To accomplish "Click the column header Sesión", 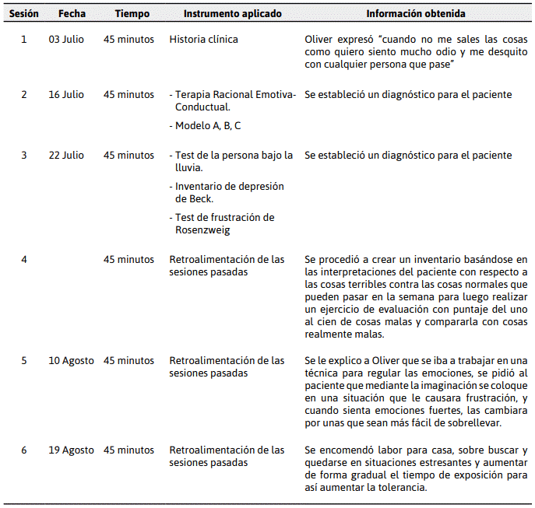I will (x=24, y=14).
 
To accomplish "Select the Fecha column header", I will (x=71, y=14).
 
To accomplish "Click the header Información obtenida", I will (x=416, y=14).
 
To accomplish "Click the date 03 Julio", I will (x=66, y=39).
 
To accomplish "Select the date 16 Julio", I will (x=66, y=95).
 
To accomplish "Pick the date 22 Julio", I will (x=66, y=155).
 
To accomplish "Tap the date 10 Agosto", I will (x=71, y=361).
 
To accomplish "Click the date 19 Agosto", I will (x=71, y=450).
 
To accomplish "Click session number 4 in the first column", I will (x=24, y=259).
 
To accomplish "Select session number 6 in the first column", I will (x=24, y=450).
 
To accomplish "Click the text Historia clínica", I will (x=204, y=39).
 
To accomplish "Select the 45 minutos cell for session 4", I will (x=128, y=259).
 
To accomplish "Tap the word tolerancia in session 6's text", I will (x=401, y=488).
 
